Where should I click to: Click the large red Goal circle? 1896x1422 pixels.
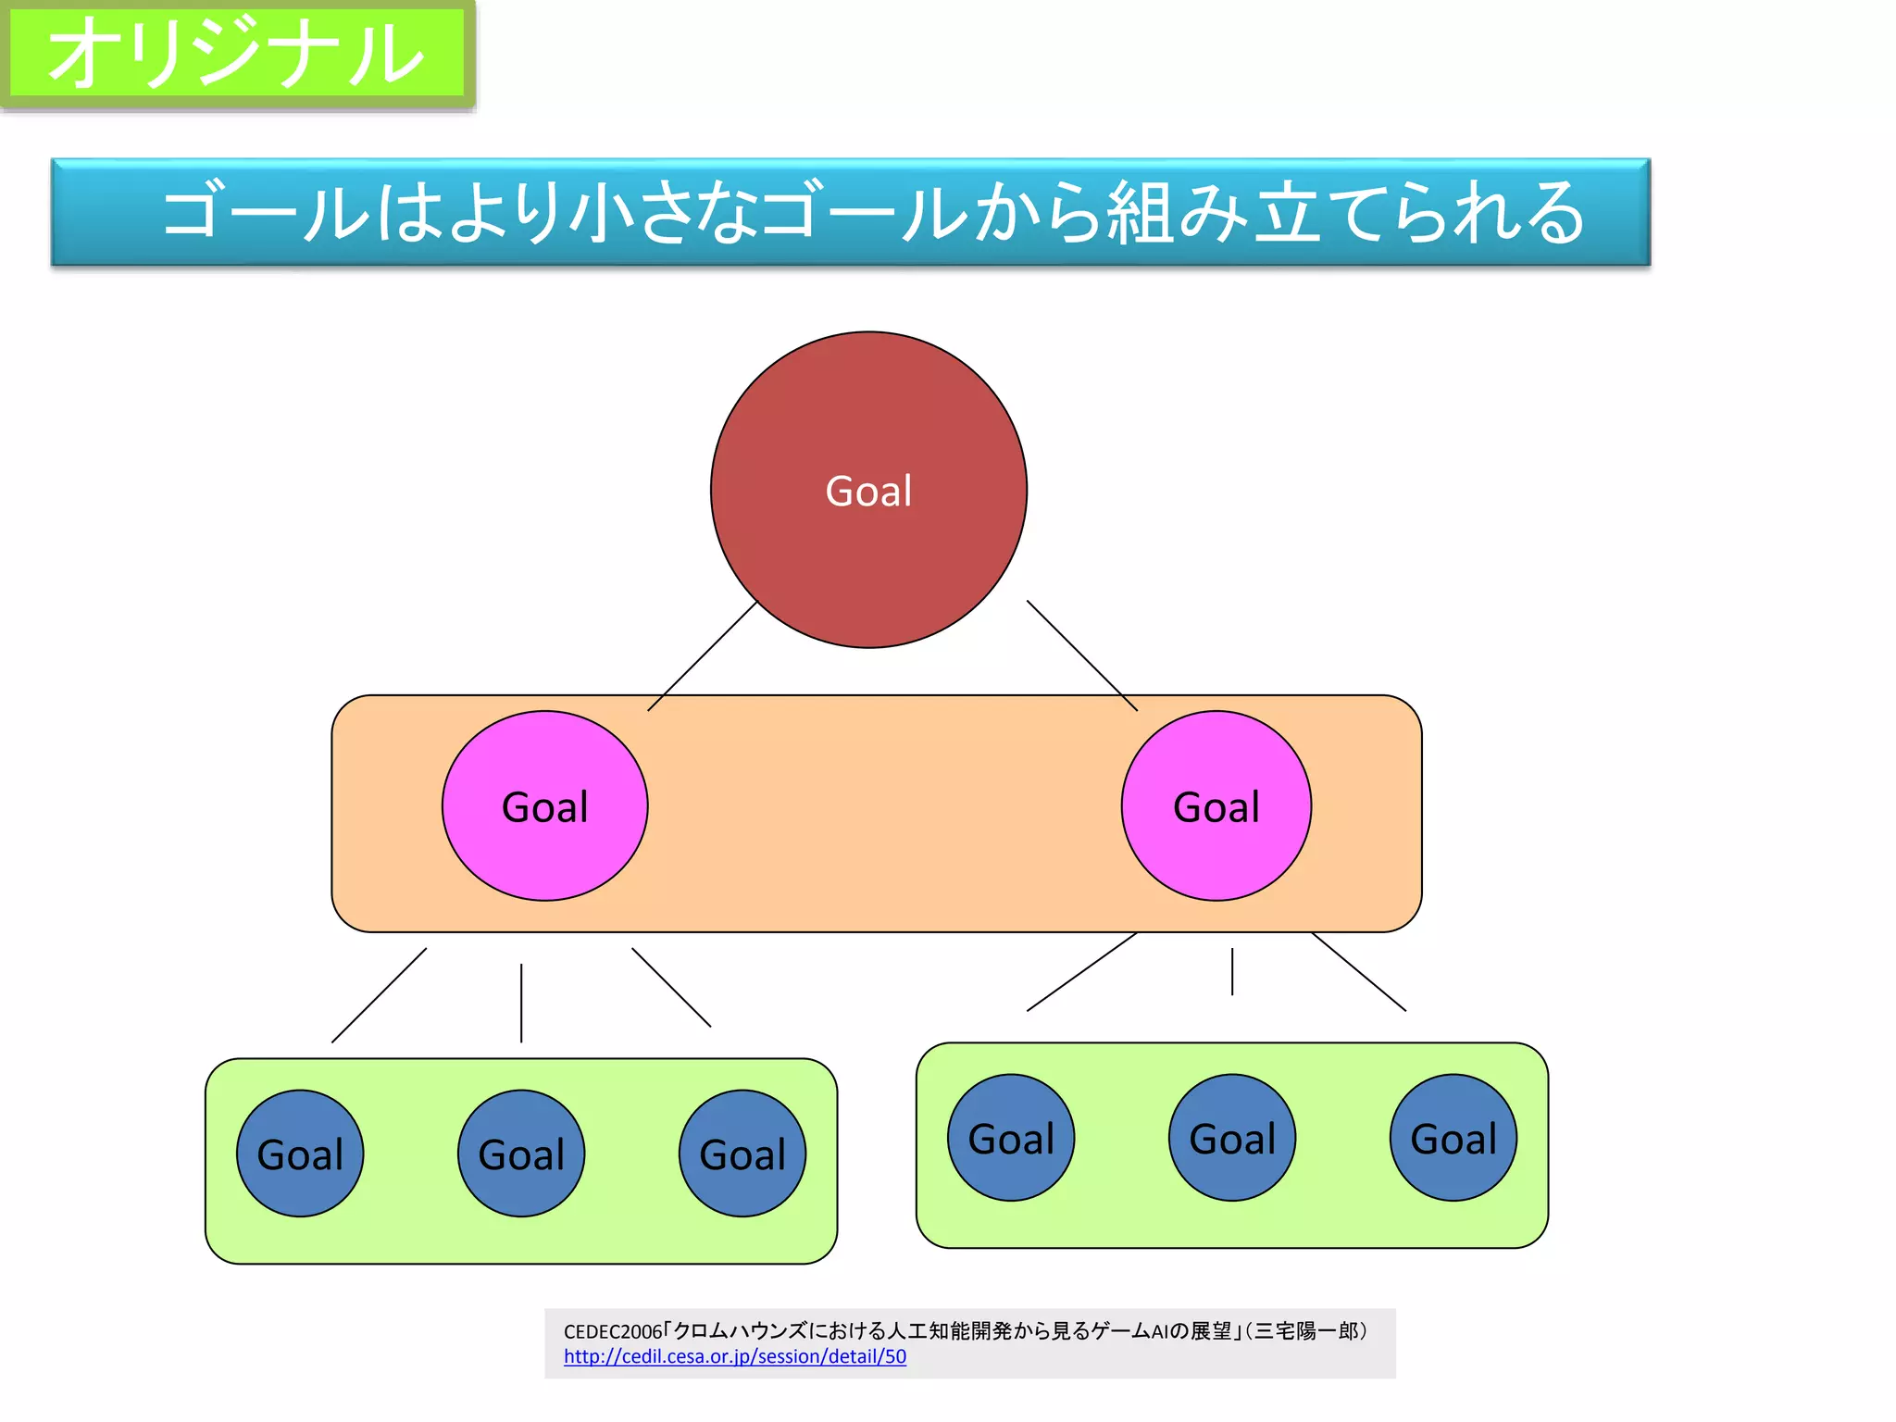[868, 490]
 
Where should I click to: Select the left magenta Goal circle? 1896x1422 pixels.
[544, 806]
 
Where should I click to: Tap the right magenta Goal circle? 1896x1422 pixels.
[1216, 806]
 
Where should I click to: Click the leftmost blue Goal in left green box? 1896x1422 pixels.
[300, 1154]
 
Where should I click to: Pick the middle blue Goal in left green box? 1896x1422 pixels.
[521, 1154]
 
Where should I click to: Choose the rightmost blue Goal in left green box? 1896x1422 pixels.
[742, 1154]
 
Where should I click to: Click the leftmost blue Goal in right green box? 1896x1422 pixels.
[1011, 1138]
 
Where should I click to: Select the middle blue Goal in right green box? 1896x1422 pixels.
[1232, 1138]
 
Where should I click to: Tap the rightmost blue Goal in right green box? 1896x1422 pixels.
[1453, 1138]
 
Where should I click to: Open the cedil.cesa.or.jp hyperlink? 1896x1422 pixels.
[735, 1356]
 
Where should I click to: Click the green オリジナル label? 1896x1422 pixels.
[237, 53]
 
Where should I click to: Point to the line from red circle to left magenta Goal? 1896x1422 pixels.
[702, 656]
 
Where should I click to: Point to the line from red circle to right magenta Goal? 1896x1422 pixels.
[1082, 655]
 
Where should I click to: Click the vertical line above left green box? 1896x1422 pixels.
[521, 1004]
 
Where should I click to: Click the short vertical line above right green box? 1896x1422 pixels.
[1232, 971]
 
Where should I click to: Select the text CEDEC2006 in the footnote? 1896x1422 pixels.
[613, 1332]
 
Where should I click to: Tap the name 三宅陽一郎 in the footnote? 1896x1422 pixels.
[1306, 1331]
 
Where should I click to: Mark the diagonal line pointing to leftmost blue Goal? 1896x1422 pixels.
[380, 995]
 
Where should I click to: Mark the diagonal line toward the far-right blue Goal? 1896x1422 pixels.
[1359, 972]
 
